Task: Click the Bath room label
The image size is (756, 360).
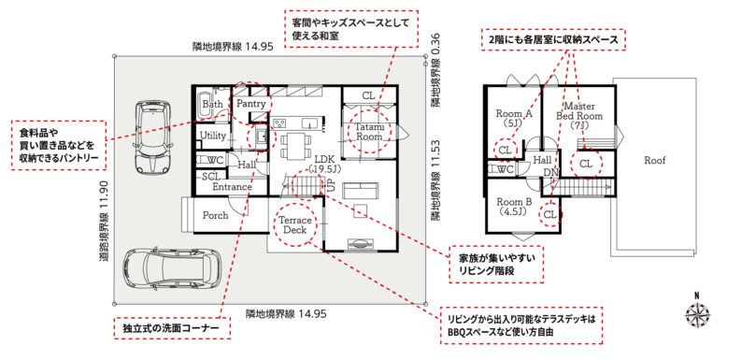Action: coord(212,104)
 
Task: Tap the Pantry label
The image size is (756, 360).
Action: coord(251,104)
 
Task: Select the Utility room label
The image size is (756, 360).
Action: coord(213,137)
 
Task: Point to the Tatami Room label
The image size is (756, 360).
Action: coord(369,132)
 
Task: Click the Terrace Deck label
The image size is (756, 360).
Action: coord(294,224)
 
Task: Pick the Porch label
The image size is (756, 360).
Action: coord(215,215)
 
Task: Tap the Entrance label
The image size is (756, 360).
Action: coord(233,187)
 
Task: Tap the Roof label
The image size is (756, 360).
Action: coord(654,161)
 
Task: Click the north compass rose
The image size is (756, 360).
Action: coord(697,314)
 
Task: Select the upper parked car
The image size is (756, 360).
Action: coord(152,137)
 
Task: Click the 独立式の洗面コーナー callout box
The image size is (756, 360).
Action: coord(171,328)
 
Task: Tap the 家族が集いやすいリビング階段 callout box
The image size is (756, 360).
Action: coord(496,264)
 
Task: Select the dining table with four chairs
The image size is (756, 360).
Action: coord(294,146)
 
